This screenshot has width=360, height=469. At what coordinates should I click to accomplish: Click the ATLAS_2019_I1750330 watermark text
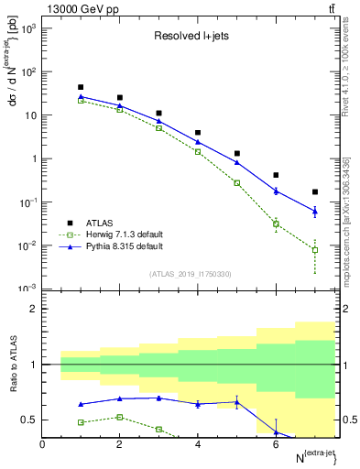point(191,274)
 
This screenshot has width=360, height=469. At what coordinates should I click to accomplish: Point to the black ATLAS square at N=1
point(82,88)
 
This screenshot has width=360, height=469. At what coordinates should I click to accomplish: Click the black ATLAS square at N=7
point(315,192)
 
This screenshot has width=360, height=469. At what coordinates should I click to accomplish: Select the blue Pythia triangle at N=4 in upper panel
point(198,141)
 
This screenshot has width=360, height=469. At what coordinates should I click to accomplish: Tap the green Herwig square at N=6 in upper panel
point(276,224)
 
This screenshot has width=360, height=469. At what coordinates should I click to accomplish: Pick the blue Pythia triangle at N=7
point(315,212)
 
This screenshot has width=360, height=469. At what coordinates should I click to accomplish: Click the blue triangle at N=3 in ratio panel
point(159,398)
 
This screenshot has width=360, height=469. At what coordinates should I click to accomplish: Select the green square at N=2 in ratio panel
point(120,417)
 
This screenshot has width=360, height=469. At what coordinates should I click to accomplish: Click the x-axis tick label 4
point(198,444)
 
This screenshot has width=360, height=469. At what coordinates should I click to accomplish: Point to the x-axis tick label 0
point(43,444)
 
